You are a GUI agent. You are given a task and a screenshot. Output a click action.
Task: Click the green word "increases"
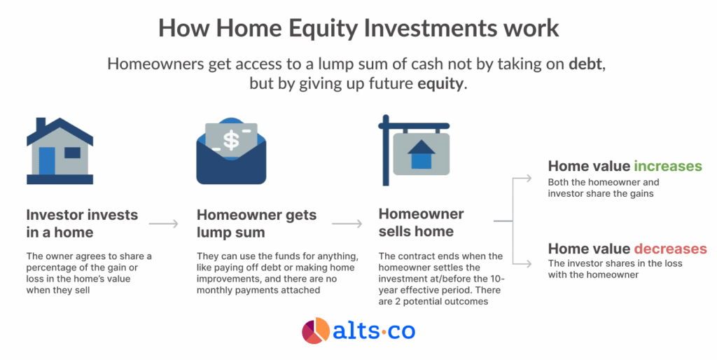667,165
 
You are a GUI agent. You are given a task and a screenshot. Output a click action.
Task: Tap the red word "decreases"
670,249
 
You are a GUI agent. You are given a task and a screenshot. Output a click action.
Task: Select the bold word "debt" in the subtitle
587,64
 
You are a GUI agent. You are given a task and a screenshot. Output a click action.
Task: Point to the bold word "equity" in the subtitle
440,84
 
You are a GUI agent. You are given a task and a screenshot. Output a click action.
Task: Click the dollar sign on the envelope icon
231,141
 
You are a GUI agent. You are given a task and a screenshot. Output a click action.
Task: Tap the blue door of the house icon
47,160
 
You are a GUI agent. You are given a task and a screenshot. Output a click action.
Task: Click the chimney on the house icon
41,124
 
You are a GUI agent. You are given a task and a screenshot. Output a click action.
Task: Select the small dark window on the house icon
72,153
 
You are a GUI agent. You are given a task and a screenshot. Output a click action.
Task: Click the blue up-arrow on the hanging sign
421,154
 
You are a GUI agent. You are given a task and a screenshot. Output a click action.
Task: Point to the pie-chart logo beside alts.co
316,331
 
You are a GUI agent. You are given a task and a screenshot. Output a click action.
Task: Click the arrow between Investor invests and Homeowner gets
164,223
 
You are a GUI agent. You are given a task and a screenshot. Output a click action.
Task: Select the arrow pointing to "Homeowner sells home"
347,223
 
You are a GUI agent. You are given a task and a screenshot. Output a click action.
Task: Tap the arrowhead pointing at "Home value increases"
529,178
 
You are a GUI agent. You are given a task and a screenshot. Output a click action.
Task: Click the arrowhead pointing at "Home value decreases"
529,264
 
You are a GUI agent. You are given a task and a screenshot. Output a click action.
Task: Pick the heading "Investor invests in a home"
82,223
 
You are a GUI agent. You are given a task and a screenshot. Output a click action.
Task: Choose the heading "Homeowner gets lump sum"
256,223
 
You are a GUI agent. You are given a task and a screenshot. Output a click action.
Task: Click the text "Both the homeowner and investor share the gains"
604,188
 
